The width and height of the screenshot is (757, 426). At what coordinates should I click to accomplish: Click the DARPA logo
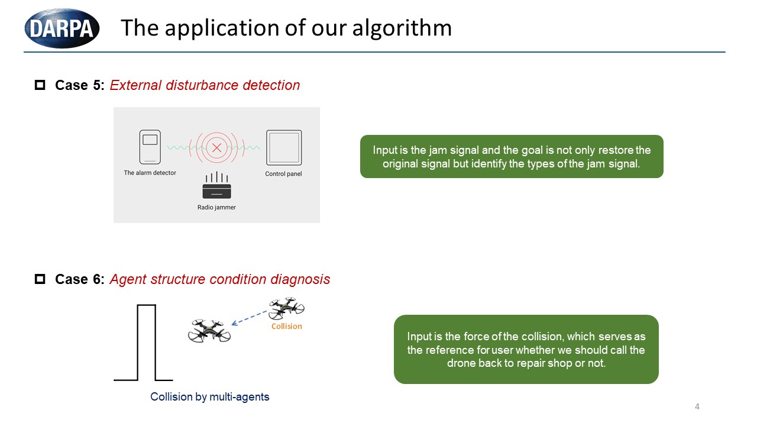tap(62, 28)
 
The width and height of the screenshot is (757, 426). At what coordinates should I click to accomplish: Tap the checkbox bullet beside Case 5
tap(40, 85)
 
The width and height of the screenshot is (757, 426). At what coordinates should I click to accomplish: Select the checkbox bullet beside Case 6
tap(40, 279)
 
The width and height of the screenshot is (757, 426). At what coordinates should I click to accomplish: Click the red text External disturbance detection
tap(205, 85)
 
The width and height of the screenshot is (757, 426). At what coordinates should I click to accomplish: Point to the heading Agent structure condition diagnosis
tap(220, 279)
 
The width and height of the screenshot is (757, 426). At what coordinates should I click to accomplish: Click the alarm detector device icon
tap(150, 147)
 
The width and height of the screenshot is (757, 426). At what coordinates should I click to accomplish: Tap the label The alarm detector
tap(150, 173)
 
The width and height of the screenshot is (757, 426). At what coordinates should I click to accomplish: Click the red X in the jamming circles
tap(217, 147)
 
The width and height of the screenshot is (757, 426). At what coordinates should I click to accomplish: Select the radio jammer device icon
tap(216, 186)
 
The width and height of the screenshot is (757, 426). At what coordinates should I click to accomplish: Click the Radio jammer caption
tap(216, 208)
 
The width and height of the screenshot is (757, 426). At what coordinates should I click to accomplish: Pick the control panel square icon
tap(284, 147)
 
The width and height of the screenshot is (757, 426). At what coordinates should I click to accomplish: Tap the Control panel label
tap(283, 174)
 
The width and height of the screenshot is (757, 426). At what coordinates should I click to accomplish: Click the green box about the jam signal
tap(512, 157)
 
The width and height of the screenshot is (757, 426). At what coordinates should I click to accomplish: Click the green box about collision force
tap(526, 350)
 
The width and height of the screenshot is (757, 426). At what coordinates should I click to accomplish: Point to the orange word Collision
tap(286, 327)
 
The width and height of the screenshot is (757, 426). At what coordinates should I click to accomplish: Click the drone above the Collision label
tap(286, 308)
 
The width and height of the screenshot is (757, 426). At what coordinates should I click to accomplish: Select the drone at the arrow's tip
tap(209, 331)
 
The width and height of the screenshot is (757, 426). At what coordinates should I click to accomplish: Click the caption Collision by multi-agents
tap(210, 397)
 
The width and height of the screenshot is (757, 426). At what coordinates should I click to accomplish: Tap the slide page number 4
tap(697, 406)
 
